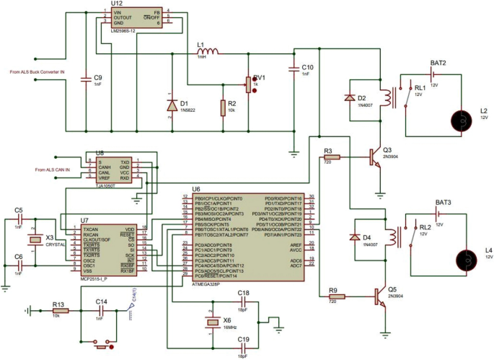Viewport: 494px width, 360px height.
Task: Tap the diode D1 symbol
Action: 172,105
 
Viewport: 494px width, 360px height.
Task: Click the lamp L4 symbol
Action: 470,258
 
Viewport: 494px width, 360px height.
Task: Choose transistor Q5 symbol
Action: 379,296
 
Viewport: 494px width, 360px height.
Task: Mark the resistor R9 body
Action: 337,296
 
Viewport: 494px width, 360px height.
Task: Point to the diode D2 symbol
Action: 351,97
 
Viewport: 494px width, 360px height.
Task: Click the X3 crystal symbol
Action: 32,240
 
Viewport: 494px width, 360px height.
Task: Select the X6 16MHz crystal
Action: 211,322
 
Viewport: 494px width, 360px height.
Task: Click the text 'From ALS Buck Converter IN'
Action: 38,72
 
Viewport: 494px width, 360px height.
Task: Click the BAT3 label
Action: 444,203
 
